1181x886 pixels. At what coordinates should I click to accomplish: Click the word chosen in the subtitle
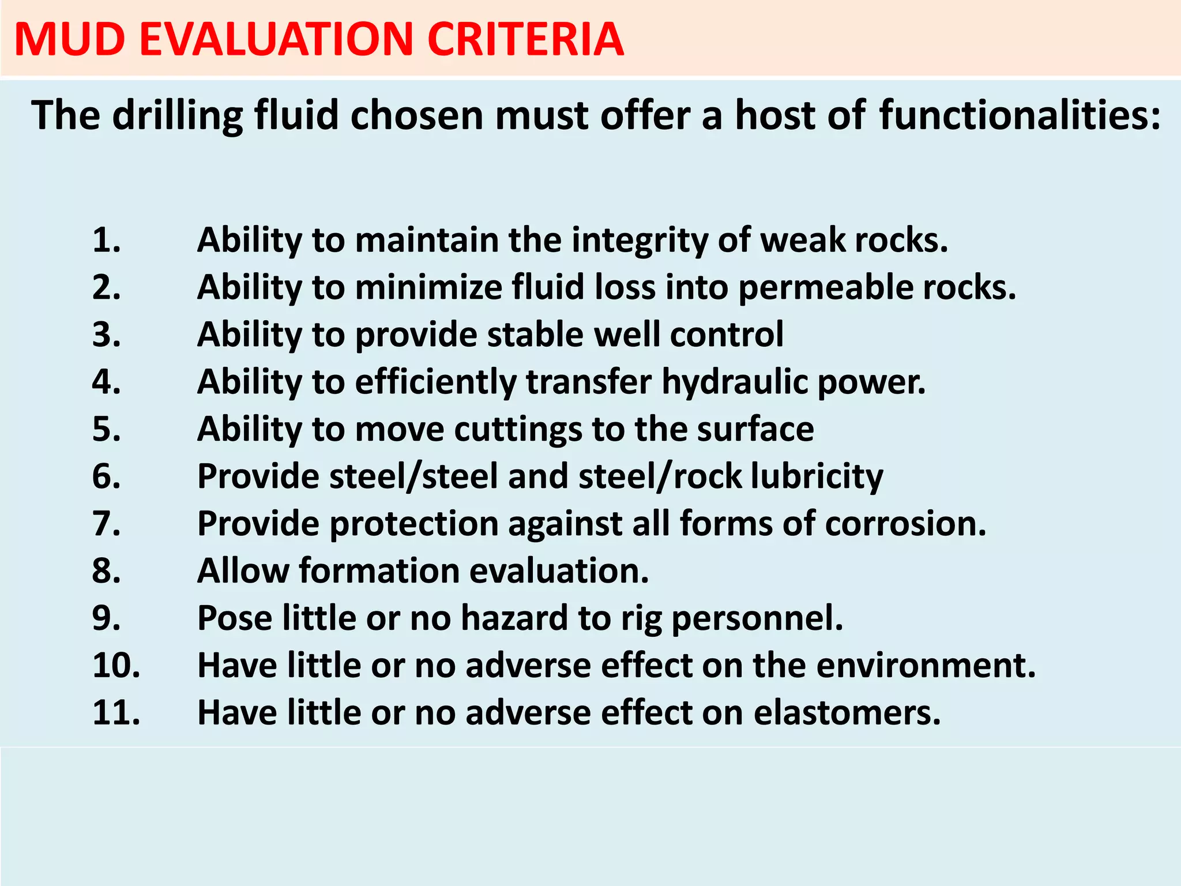click(x=416, y=115)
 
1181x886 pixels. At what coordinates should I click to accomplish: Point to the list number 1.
click(x=107, y=240)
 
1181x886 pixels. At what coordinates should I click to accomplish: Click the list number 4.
click(x=107, y=382)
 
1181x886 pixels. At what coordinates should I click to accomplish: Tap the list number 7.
click(x=107, y=524)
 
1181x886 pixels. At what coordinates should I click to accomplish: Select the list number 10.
click(x=116, y=666)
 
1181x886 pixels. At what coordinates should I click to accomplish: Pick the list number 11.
click(x=116, y=713)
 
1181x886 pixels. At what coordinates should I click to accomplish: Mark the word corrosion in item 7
click(x=905, y=524)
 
